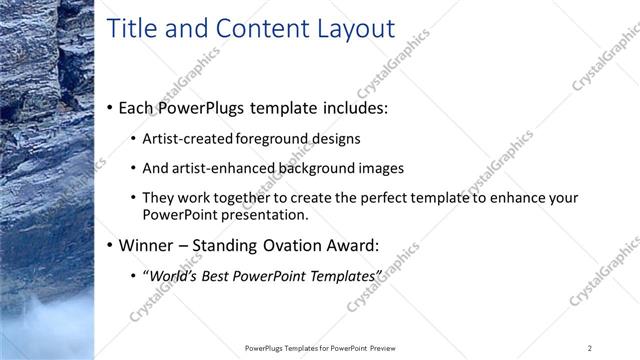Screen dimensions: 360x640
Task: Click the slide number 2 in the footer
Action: tap(590, 348)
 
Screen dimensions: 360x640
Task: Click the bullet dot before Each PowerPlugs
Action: tap(109, 108)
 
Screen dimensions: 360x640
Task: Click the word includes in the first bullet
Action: tap(353, 107)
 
